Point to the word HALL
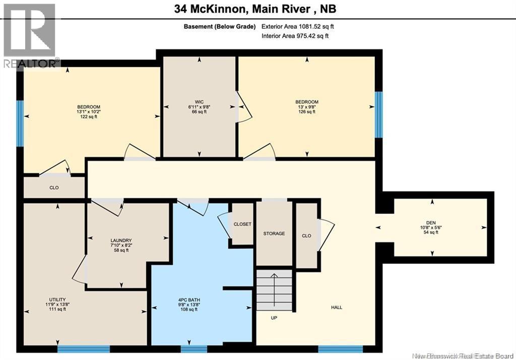(337, 307)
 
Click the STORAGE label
(274, 234)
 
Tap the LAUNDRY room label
(121, 240)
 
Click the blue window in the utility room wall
(83, 349)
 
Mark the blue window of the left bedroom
(20, 123)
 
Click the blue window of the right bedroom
(378, 115)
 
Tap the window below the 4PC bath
(194, 349)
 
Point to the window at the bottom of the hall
(340, 349)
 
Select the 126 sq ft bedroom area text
(306, 112)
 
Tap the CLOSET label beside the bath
(242, 224)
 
